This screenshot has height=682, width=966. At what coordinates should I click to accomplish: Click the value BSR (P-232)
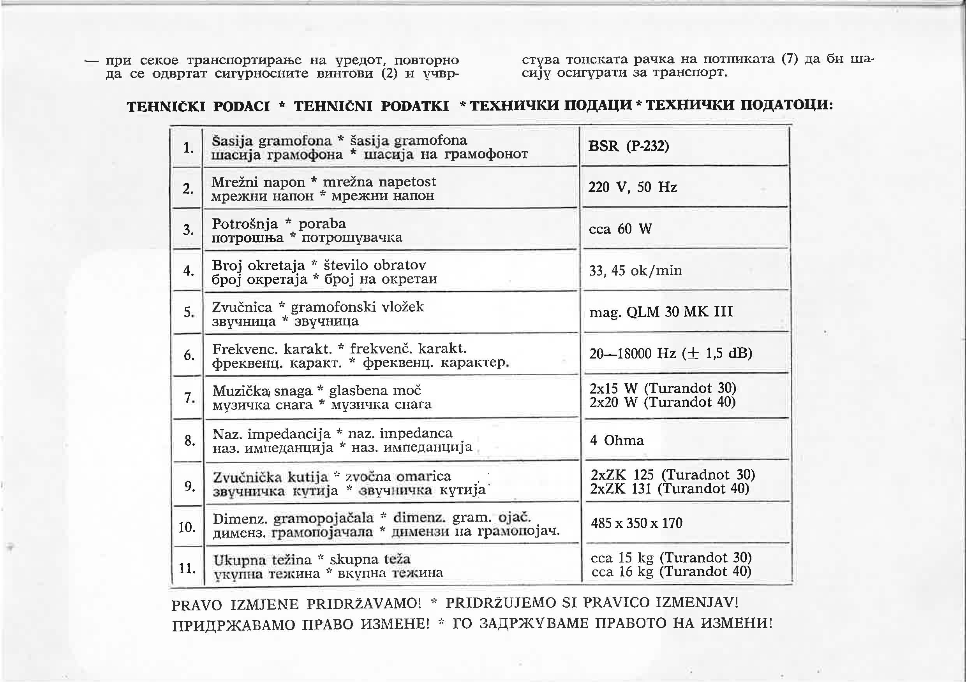(628, 146)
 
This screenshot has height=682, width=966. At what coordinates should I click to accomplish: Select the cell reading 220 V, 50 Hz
(632, 187)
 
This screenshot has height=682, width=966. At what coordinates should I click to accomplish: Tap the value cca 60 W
(620, 229)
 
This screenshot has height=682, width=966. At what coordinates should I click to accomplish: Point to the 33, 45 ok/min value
(635, 271)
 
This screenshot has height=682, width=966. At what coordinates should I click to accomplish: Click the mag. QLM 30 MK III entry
(661, 312)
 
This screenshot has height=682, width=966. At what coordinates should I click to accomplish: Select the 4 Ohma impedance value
(617, 441)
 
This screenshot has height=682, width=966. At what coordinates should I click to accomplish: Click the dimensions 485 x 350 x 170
(636, 524)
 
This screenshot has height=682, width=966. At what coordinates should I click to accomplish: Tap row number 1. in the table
(188, 148)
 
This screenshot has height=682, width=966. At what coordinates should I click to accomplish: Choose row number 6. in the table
(189, 356)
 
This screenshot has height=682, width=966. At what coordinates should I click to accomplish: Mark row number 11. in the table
(188, 568)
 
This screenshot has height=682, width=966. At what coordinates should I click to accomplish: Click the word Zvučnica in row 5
(242, 308)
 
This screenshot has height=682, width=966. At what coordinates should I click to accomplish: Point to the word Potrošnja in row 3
(245, 224)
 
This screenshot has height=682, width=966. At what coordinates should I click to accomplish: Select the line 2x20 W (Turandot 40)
(662, 403)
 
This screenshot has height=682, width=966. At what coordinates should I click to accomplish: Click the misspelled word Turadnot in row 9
(699, 475)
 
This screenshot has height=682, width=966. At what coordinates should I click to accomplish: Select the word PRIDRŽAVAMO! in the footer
(363, 604)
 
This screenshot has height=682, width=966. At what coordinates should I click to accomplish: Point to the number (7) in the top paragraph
(789, 59)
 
